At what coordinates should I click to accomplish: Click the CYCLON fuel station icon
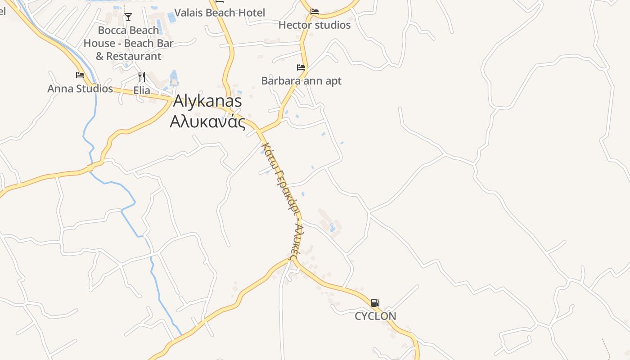375,303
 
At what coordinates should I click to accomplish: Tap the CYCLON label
375,316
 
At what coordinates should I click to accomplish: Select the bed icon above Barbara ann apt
301,68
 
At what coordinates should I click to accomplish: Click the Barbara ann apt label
301,81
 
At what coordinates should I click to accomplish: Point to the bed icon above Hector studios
315,12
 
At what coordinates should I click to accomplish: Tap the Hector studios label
314,25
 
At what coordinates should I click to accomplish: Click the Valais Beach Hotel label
219,13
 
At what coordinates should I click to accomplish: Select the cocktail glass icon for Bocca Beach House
128,17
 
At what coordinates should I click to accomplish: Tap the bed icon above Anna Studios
80,75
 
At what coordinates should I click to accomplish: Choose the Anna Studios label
80,89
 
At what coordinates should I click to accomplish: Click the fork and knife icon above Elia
142,76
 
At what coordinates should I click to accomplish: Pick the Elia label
142,90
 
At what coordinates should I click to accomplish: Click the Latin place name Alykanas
207,101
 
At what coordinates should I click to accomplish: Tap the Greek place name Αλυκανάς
207,121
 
